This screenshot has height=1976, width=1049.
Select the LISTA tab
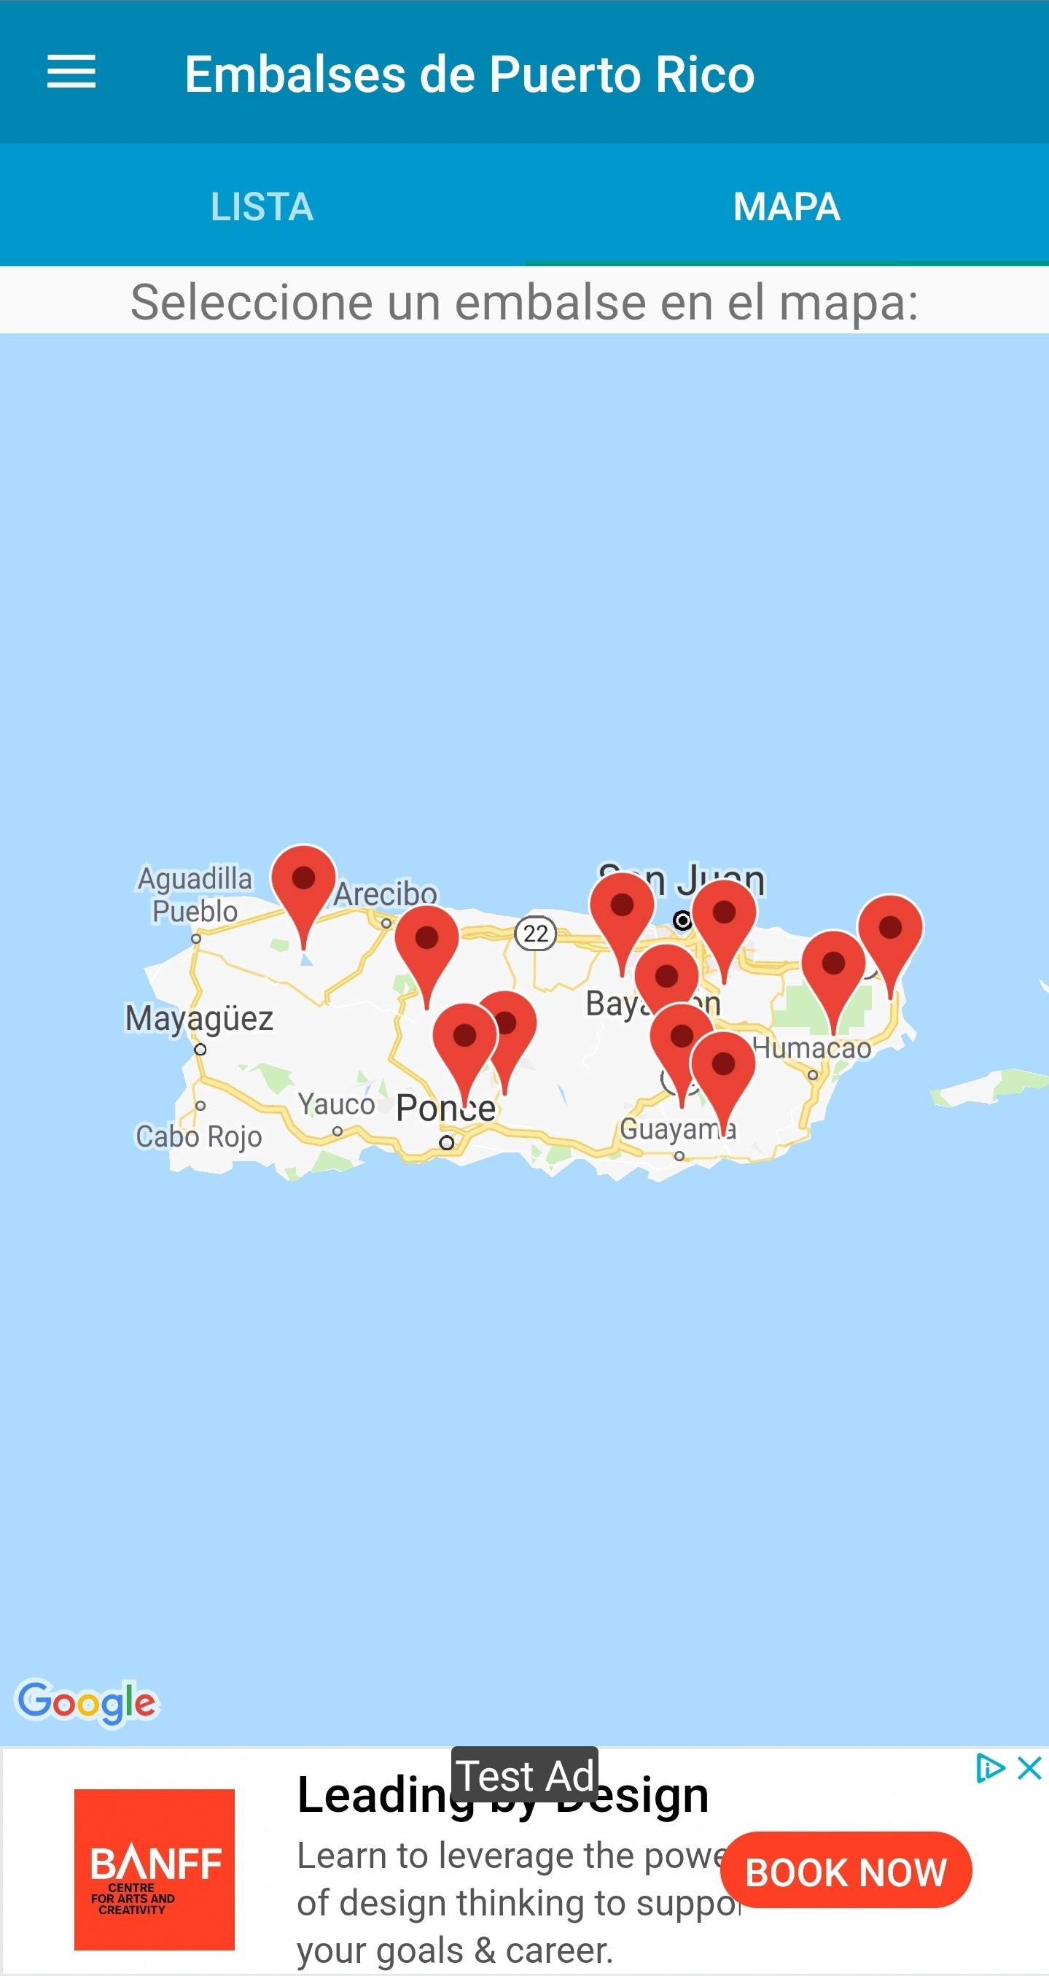262,206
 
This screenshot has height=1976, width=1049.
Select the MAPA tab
787,206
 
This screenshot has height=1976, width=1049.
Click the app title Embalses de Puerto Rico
469,74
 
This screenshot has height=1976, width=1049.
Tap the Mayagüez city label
199,1019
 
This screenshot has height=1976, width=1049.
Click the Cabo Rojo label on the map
198,1136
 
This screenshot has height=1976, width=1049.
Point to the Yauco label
337,1104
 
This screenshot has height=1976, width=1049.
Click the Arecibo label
385,894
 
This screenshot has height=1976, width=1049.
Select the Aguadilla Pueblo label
195,894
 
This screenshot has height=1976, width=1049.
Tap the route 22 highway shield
535,934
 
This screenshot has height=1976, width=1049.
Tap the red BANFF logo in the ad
154,1869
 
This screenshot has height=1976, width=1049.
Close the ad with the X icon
1029,1769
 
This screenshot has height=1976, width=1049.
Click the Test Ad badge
525,1775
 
